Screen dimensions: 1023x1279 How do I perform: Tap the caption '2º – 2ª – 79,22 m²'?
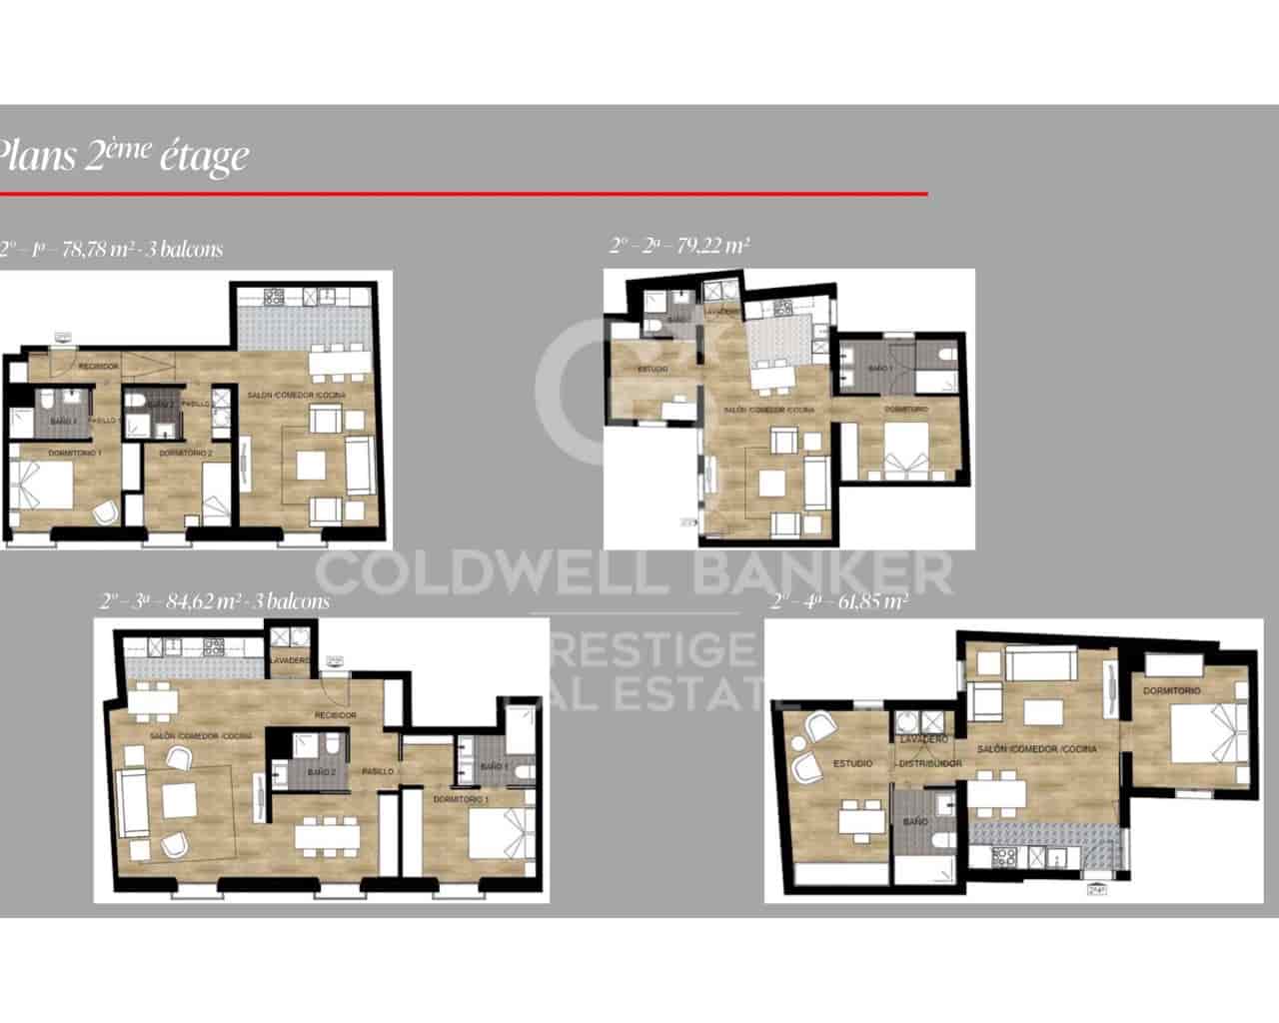[679, 244]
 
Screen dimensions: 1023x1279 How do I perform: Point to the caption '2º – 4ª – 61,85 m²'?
[839, 601]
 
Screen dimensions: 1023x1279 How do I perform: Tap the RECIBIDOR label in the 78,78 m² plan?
[99, 367]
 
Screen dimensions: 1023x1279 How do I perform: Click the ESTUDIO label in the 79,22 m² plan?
[652, 370]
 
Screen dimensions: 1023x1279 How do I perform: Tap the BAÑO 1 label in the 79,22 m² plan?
[880, 369]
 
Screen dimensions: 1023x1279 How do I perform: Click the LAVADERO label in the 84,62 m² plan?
[290, 661]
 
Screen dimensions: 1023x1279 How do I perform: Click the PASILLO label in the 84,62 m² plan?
[377, 772]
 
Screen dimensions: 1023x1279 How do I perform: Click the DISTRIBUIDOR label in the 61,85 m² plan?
[929, 763]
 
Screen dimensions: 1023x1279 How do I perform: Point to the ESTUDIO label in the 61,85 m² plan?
[852, 763]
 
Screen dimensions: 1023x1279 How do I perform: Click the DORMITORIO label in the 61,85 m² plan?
[1172, 691]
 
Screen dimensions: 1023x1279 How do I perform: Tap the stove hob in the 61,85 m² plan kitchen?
[999, 856]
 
